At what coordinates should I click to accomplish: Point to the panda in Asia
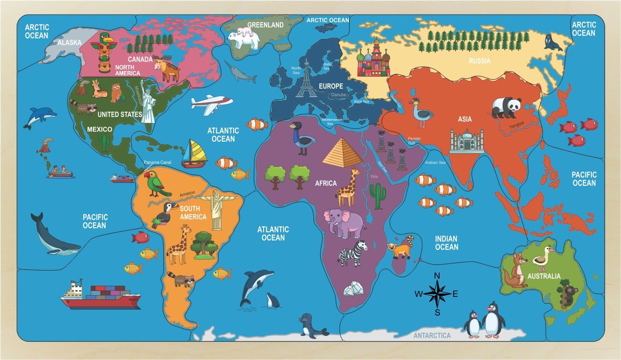[x=506, y=108]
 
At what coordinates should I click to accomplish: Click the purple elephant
[x=344, y=222]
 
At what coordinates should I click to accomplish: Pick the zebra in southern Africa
[x=354, y=253]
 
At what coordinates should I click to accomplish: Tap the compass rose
[x=437, y=293]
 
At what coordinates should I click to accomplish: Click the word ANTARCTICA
[x=432, y=335]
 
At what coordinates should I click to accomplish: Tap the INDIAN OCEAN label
[x=446, y=243]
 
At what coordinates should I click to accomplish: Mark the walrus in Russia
[x=552, y=43]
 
